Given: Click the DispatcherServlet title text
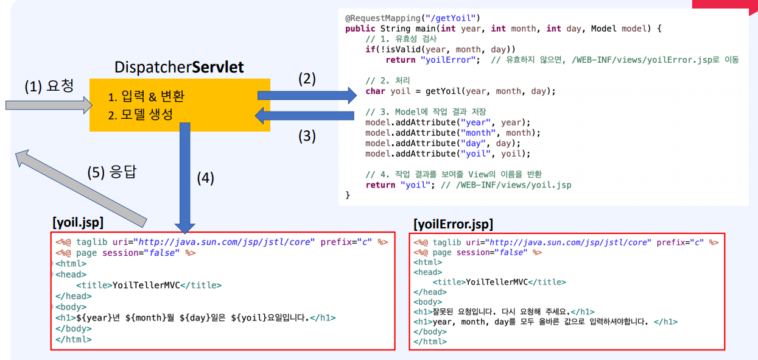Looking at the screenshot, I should coord(179,66).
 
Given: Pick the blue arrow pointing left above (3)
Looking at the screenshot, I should coord(304,116).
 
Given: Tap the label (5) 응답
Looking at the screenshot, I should coord(112,172).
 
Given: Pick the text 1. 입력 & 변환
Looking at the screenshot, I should coord(146,97).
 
